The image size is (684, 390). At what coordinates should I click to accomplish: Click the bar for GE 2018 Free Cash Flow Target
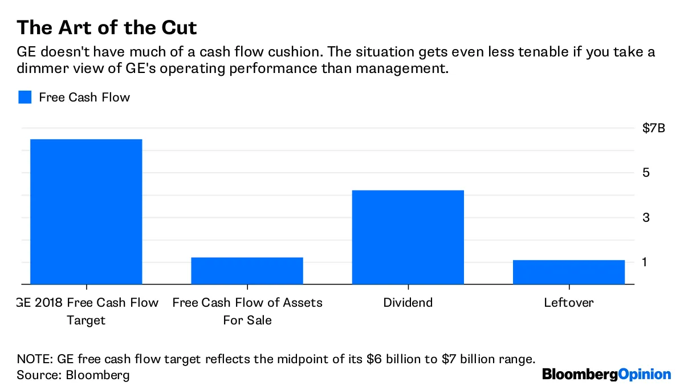86,212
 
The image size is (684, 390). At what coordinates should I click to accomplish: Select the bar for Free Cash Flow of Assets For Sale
247,271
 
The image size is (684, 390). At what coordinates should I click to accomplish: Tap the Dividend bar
408,237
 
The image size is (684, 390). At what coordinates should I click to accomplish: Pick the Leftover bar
568,272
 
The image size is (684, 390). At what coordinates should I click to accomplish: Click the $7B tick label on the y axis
653,128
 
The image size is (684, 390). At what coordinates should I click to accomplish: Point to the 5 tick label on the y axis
646,173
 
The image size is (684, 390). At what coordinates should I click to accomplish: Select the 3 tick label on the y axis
646,218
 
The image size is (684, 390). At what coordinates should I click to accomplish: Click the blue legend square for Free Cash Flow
25,97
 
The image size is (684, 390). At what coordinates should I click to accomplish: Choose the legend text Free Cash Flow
84,97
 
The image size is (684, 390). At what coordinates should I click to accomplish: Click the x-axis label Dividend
408,302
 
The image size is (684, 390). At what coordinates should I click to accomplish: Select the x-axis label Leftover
568,302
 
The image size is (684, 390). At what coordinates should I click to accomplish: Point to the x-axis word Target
86,320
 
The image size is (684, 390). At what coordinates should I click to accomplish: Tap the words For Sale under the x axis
247,320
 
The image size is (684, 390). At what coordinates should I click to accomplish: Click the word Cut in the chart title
177,27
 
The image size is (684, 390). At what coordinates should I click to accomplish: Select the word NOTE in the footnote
34,359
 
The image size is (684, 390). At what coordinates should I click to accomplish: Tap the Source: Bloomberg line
73,375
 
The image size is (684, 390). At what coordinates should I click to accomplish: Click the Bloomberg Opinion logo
606,375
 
